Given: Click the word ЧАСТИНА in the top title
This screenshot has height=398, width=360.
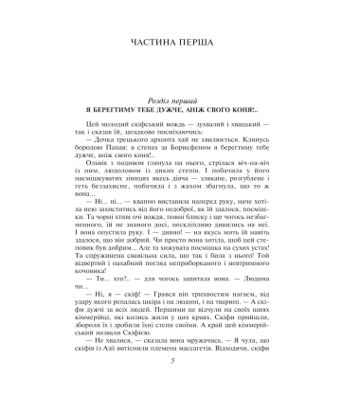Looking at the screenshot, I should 151,44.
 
